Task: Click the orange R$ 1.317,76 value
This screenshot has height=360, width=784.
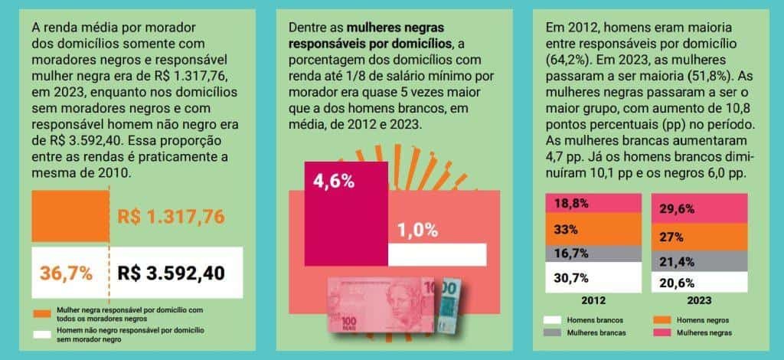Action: click(171, 217)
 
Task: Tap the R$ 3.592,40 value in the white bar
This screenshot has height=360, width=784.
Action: click(171, 273)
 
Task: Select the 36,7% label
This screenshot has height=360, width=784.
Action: click(67, 273)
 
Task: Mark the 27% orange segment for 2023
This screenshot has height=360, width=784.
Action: click(699, 237)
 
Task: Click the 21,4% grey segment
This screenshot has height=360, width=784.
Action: click(699, 262)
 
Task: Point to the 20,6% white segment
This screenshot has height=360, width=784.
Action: click(699, 283)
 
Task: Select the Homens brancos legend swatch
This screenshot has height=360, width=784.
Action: click(553, 319)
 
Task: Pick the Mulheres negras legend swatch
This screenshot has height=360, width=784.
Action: click(662, 332)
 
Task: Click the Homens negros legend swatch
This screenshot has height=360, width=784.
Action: click(662, 319)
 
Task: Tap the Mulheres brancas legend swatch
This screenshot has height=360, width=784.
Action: click(553, 332)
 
